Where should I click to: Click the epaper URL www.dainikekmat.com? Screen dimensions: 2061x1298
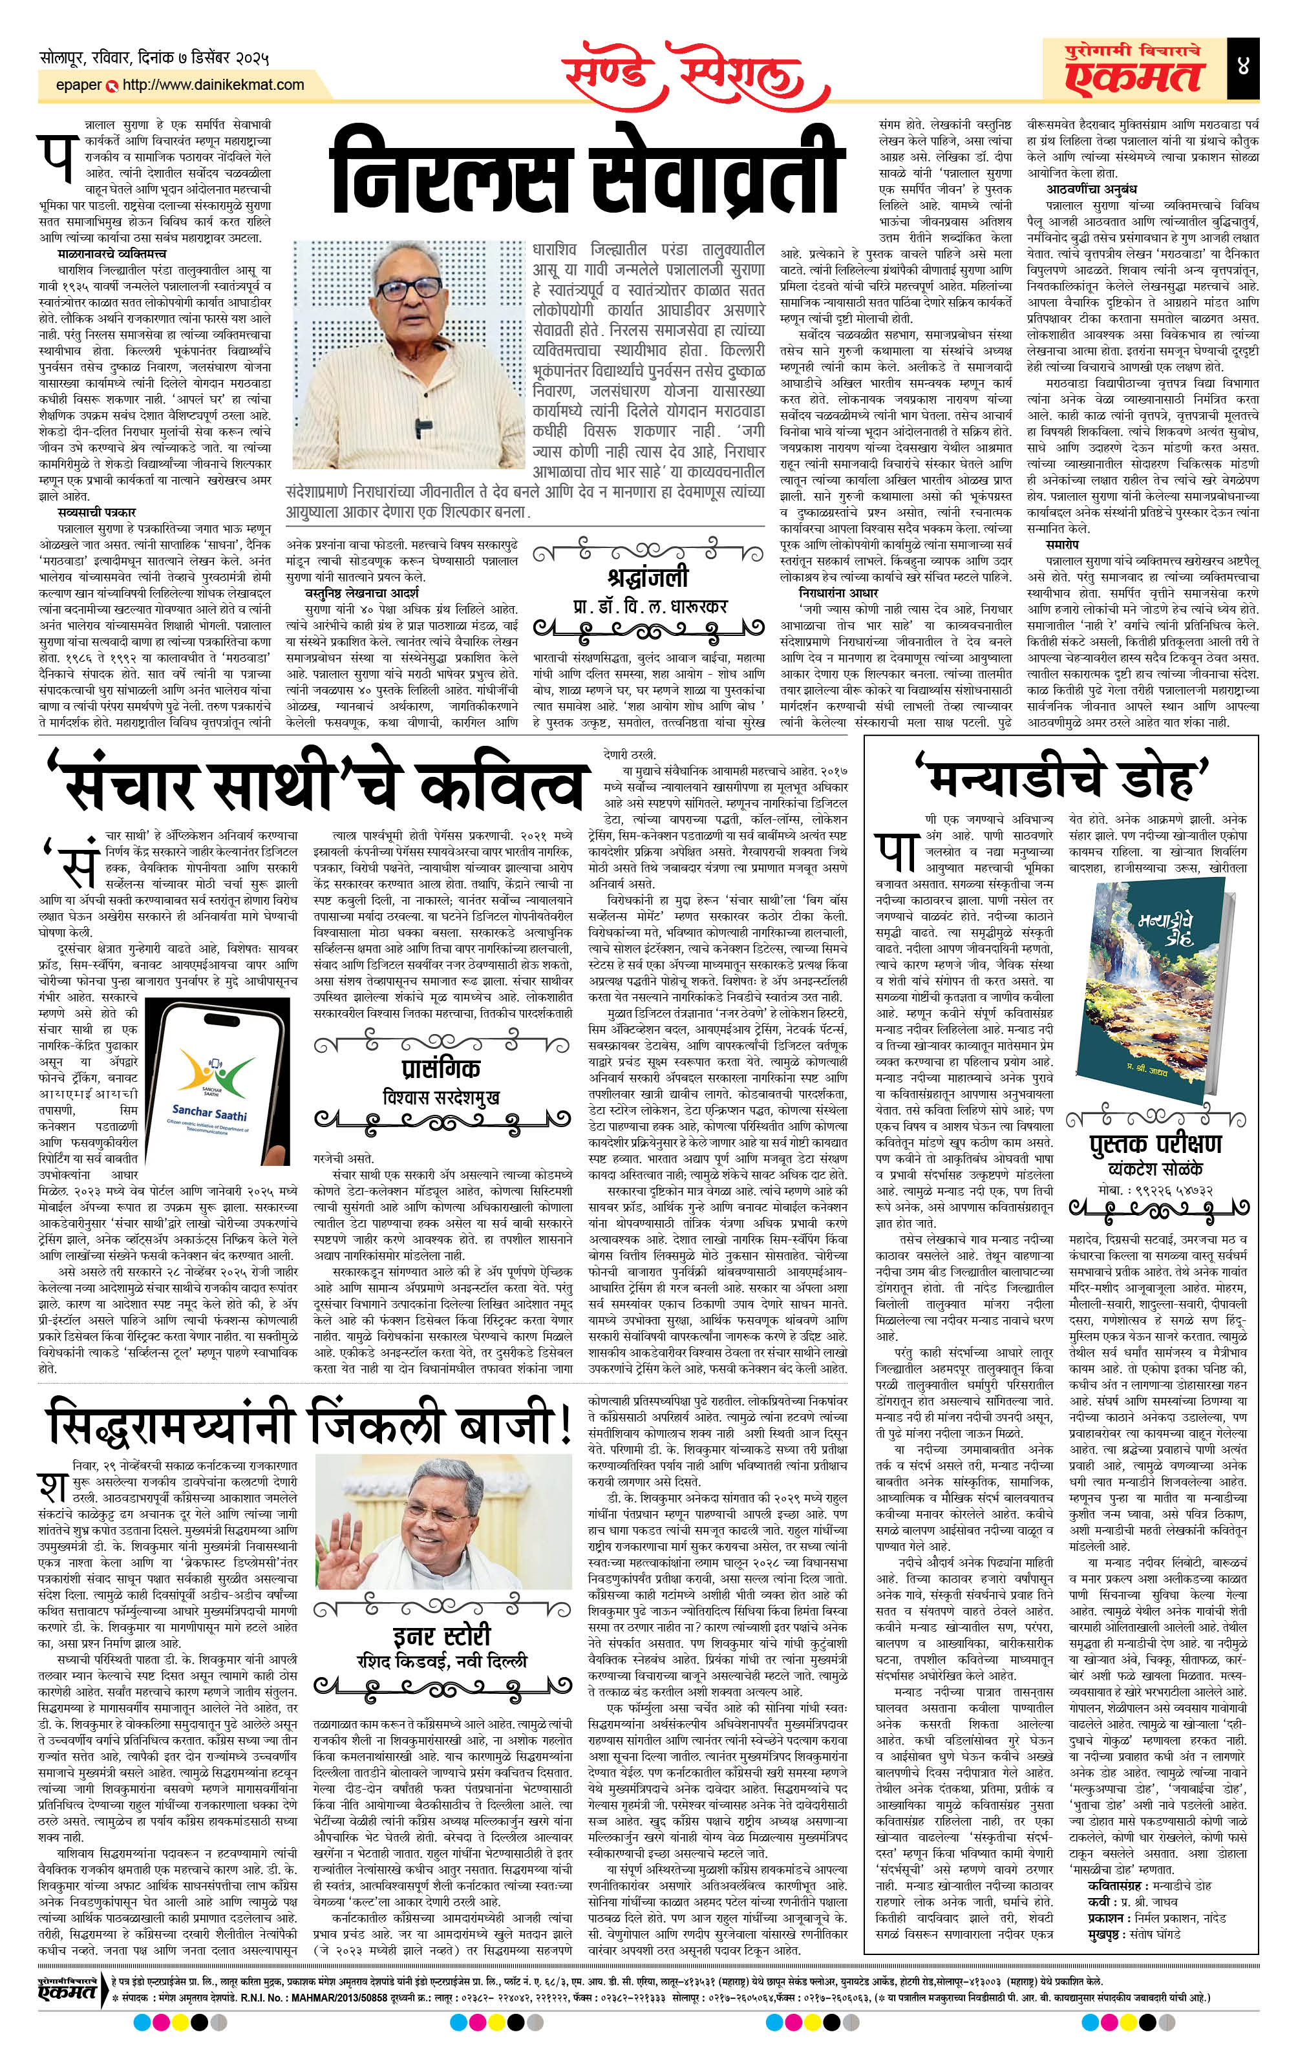tap(213, 85)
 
